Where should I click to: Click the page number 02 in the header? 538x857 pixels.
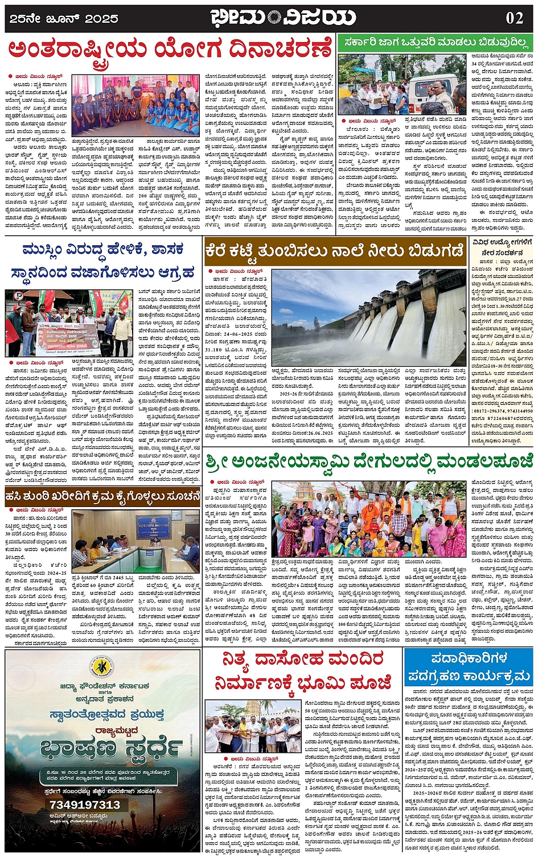click(514, 18)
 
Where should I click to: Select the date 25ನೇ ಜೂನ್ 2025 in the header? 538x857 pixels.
click(63, 19)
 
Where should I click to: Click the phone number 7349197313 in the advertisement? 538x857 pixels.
click(85, 805)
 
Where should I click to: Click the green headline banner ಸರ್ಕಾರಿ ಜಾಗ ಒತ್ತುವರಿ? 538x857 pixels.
click(435, 43)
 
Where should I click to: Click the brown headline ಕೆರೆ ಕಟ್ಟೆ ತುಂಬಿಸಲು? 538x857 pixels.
click(335, 250)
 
